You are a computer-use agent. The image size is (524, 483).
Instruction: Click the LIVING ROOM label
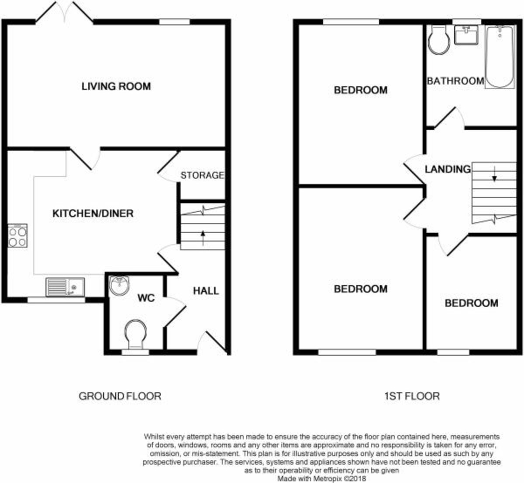point(116,86)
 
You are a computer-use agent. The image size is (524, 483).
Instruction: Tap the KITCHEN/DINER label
point(93,214)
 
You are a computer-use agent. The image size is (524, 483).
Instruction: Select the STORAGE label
point(202,176)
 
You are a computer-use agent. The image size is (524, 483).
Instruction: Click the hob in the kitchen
point(17,236)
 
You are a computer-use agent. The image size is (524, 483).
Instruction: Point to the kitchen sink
point(65,287)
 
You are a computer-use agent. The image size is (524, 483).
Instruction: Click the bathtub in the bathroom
point(500,57)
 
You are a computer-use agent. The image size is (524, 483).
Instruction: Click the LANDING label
point(448,169)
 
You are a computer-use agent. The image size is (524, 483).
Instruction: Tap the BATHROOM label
point(455,81)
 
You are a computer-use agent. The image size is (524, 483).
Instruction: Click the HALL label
point(206,291)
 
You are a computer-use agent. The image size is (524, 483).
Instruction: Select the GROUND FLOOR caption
point(120,396)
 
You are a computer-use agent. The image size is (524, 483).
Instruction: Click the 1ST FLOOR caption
point(412,396)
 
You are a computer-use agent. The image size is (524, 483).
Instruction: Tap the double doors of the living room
point(65,12)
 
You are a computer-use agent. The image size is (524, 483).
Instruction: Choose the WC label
point(145,298)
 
